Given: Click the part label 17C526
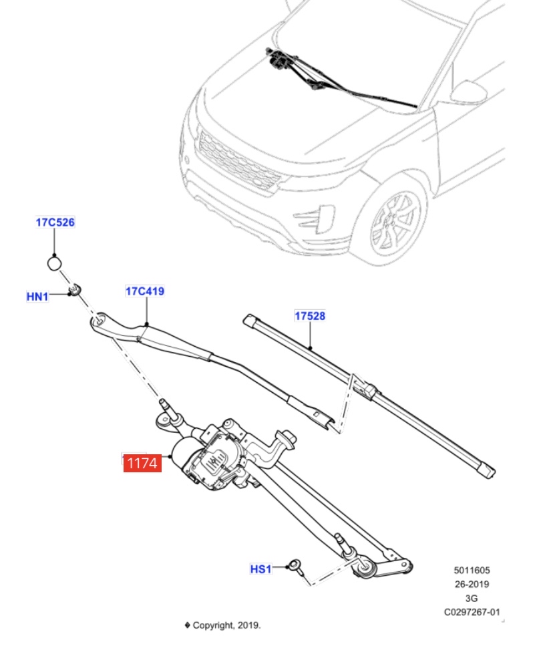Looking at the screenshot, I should coord(55,222).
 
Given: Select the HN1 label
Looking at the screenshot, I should coord(37,296).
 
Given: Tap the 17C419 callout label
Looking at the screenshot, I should coord(145,291).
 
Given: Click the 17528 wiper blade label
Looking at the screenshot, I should coord(310,315).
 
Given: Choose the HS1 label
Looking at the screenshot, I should coord(260,569).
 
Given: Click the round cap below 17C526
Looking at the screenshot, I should coord(55,263).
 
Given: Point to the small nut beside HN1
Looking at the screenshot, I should coord(75,289).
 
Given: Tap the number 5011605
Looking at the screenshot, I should coord(472,570).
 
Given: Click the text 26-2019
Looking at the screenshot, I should coord(472,584).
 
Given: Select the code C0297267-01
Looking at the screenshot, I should coord(472,612).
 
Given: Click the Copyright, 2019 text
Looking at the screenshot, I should coord(226,625).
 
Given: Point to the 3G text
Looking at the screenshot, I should coord(472,598).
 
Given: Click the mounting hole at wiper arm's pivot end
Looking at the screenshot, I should coord(98,322).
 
